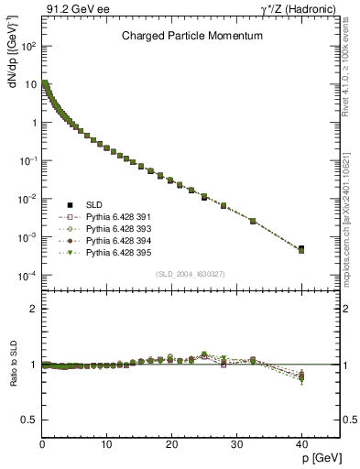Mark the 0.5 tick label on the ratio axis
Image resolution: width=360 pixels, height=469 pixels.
pyautogui.click(x=30, y=420)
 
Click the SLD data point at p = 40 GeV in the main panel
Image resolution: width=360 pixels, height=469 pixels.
pyautogui.click(x=301, y=248)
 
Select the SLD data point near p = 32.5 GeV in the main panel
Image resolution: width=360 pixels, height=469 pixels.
pyautogui.click(x=253, y=221)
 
